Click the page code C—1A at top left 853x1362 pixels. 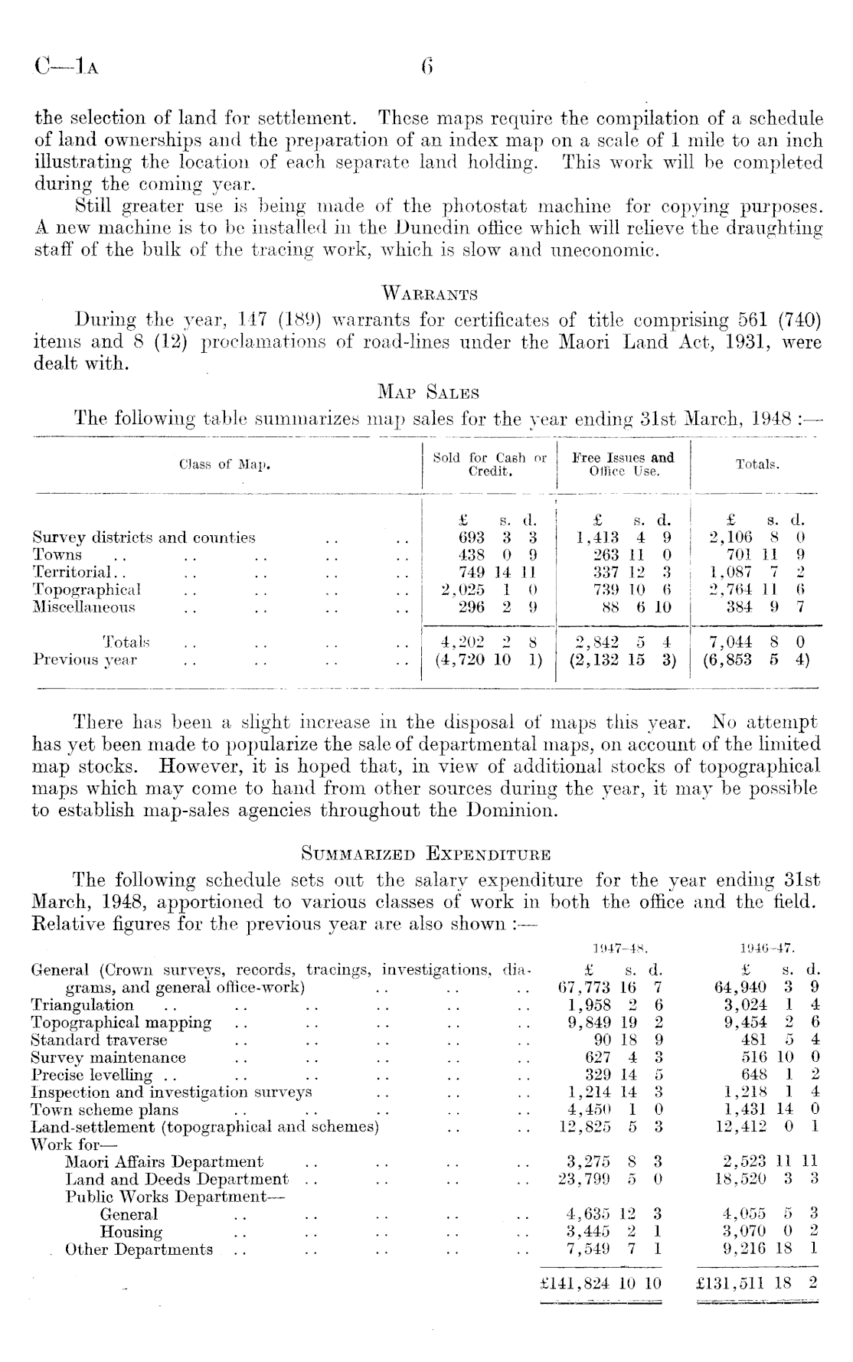click(x=66, y=67)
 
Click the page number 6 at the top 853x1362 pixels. click(x=427, y=67)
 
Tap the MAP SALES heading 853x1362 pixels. click(x=428, y=394)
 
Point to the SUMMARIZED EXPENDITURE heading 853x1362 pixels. click(x=427, y=851)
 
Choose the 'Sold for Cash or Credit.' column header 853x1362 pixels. click(x=490, y=465)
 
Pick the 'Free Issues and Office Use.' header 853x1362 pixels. click(x=624, y=465)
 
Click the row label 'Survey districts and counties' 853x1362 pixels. click(x=144, y=537)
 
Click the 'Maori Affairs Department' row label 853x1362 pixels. click(x=164, y=1162)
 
